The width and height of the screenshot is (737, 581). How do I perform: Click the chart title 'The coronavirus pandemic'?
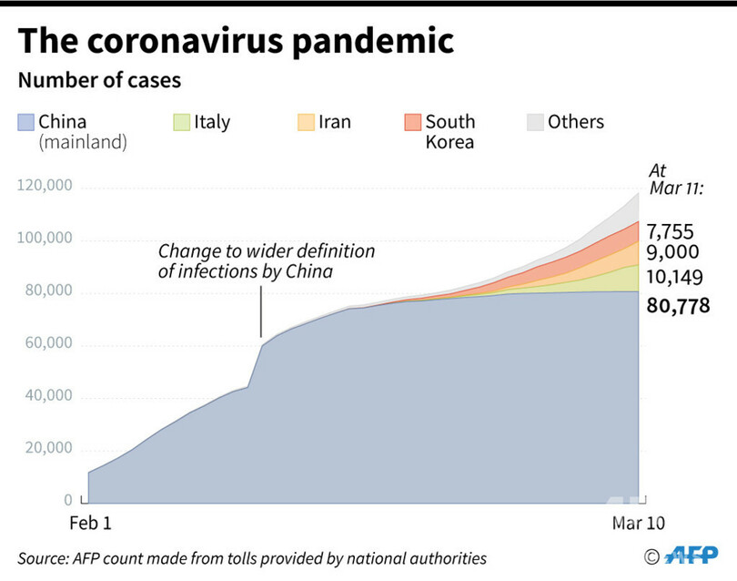coord(235,42)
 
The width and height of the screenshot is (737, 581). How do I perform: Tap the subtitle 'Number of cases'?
coord(99,80)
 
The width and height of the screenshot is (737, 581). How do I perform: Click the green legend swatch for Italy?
coord(182,123)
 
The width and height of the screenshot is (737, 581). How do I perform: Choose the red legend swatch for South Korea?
coord(413,123)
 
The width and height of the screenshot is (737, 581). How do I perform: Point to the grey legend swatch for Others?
coord(535,123)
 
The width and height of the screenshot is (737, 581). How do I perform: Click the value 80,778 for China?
coord(677,307)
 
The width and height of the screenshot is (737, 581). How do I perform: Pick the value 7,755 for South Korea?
coord(673,230)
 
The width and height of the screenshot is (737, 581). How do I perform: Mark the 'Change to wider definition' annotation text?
coord(267,251)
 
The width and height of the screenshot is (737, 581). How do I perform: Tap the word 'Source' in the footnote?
coord(43,558)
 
